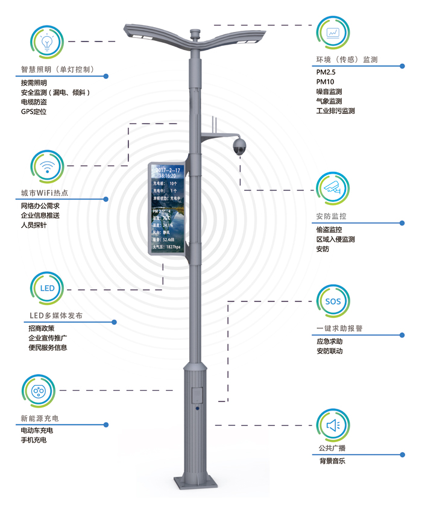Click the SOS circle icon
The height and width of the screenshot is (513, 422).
(x=332, y=301)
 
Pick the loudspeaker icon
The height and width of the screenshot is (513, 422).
(x=333, y=426)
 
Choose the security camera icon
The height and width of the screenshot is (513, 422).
(x=332, y=187)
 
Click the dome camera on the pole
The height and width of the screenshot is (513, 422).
(x=240, y=145)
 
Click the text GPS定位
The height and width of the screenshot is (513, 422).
(x=34, y=112)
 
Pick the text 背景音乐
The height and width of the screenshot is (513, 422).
(x=333, y=461)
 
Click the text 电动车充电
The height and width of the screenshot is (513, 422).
(x=37, y=430)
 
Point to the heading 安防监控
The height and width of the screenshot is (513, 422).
(x=331, y=216)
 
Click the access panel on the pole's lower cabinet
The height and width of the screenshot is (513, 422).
(x=195, y=395)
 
